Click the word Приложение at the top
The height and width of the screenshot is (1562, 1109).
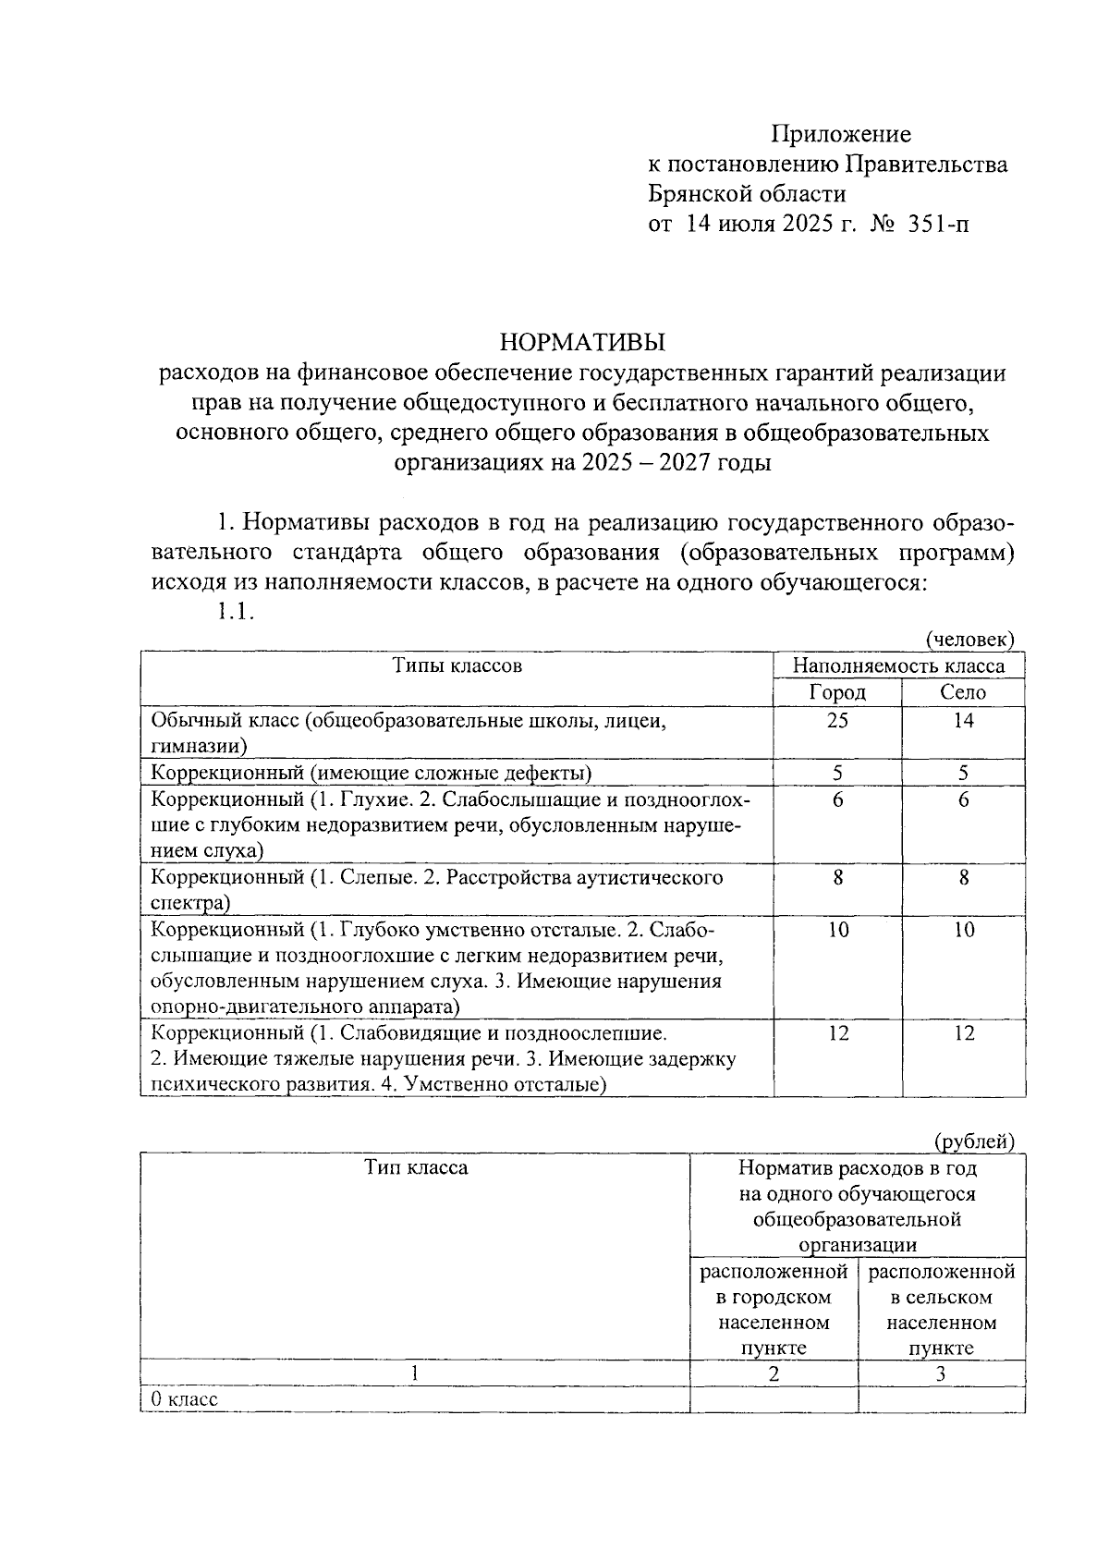point(841,135)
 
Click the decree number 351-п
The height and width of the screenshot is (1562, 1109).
point(938,224)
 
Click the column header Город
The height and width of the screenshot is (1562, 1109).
point(837,692)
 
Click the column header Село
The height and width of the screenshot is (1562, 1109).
point(963,692)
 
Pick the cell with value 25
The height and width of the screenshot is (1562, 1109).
point(837,720)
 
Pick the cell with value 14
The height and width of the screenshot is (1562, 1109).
point(963,720)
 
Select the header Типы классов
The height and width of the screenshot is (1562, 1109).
point(457,665)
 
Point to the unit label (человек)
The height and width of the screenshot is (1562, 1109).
point(969,639)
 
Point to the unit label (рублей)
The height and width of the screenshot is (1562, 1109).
point(974,1141)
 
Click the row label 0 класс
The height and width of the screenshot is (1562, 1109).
point(185,1399)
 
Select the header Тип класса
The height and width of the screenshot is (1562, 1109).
point(415,1167)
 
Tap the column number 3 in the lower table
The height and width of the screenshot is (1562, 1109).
point(940,1373)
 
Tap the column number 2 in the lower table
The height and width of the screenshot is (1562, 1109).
point(774,1373)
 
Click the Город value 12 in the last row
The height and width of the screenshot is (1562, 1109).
point(837,1033)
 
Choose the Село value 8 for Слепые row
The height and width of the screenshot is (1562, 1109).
point(963,877)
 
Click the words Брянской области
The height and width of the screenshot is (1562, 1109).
point(746,194)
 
